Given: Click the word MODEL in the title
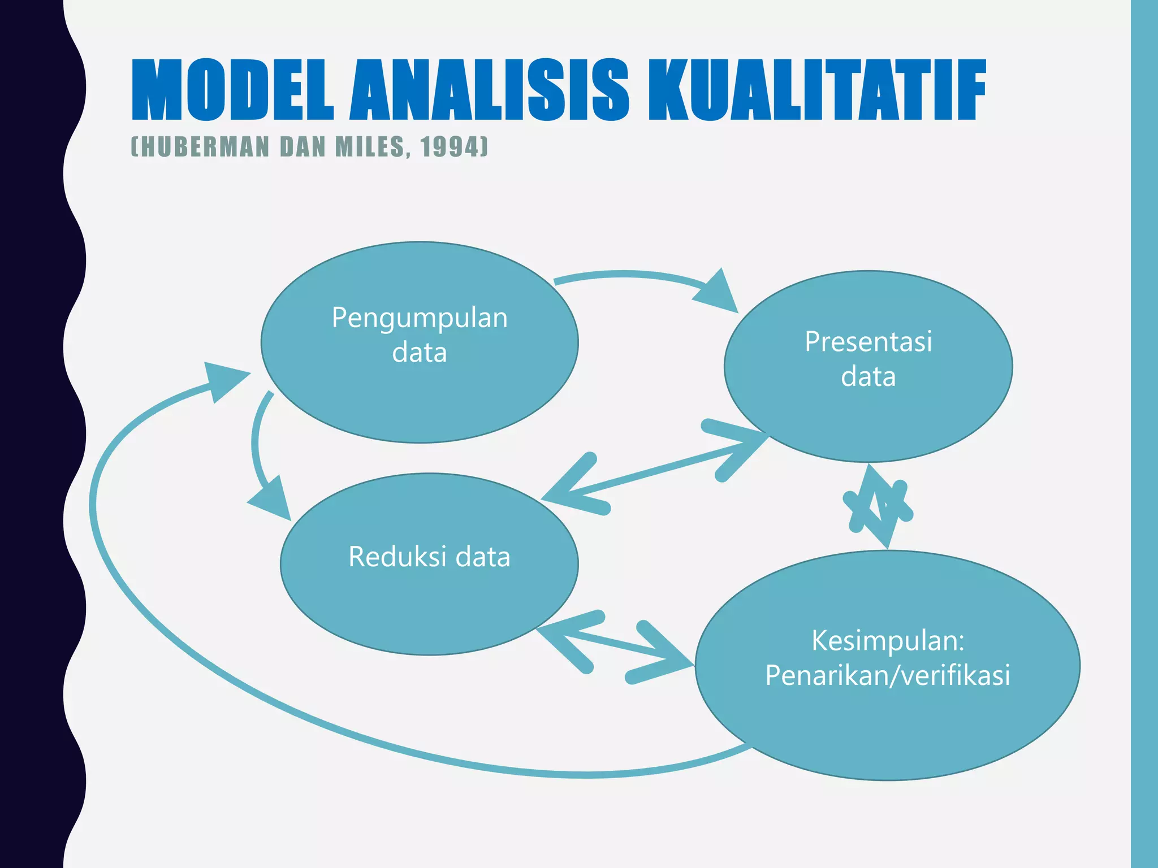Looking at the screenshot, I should click(232, 90).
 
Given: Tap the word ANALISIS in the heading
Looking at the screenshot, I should click(489, 90).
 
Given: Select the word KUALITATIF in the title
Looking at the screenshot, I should click(816, 90).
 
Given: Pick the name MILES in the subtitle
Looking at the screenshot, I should click(369, 147).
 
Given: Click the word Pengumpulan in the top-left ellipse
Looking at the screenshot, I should click(420, 318).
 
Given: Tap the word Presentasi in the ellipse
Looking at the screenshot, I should click(868, 341).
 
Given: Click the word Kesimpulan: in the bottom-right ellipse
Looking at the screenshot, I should click(888, 640).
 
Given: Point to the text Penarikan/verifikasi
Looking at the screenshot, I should click(887, 675).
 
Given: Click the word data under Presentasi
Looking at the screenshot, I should click(868, 377).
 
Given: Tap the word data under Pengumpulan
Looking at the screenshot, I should click(420, 353).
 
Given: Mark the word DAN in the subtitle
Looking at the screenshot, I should click(303, 147).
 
